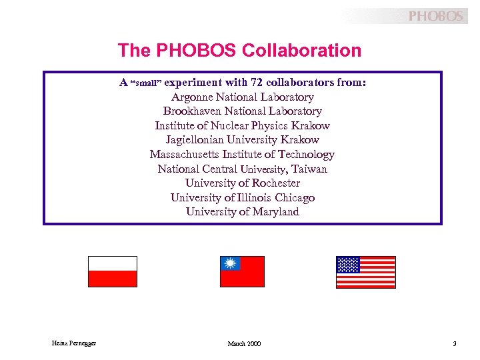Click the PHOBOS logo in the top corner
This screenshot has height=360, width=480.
pos(435,16)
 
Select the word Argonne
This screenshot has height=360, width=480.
pos(193,97)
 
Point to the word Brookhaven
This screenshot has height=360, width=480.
pos(192,111)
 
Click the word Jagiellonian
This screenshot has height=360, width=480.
pos(195,140)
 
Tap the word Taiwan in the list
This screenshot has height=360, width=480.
pos(309,169)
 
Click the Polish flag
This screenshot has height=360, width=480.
pos(113,271)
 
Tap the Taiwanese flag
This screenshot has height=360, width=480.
pos(242,271)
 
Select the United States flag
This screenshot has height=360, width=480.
pos(365,272)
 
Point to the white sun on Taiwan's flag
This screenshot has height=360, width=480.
pos(231,263)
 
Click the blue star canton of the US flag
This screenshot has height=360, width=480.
pos(348,265)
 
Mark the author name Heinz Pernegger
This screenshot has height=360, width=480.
pos(74,343)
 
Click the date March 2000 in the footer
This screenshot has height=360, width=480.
pos(244,343)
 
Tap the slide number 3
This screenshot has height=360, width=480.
pos(454,343)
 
